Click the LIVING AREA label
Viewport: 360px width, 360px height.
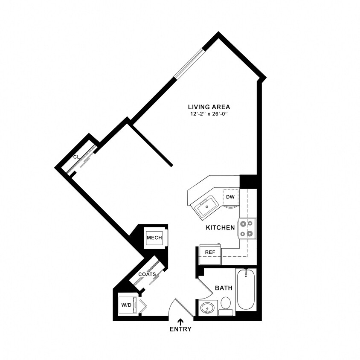[x=209, y=107]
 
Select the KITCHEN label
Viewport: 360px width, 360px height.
[x=220, y=228]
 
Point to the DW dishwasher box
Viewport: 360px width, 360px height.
[x=230, y=197]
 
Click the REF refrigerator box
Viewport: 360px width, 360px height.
[x=210, y=252]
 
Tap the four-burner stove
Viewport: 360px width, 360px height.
[x=247, y=228]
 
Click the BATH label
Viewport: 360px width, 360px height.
[x=224, y=288]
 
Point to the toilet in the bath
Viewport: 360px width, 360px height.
[x=226, y=305]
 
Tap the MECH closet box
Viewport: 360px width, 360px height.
[x=154, y=238]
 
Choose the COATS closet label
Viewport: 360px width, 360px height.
[x=147, y=274]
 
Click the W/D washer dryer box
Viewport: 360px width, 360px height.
[x=126, y=305]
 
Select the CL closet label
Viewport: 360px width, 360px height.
[x=76, y=157]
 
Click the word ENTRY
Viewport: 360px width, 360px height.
[x=180, y=329]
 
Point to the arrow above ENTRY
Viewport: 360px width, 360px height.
[x=180, y=322]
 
